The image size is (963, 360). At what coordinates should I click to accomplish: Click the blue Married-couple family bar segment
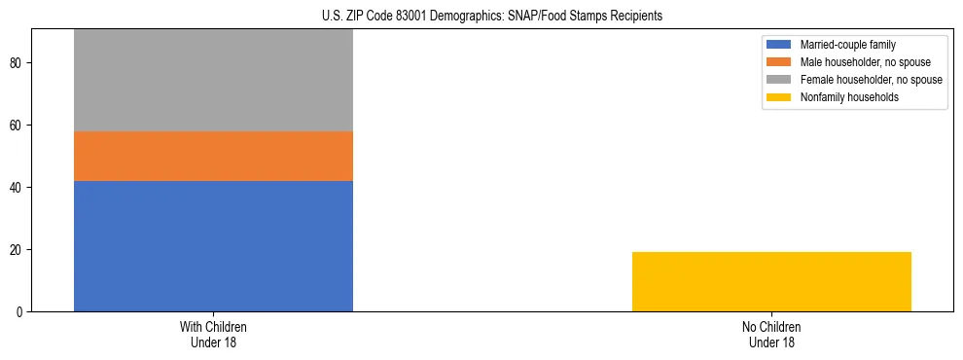[x=213, y=246]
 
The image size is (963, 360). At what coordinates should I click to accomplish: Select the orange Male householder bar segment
[x=213, y=156]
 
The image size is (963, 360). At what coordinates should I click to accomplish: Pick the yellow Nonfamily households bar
[x=771, y=281]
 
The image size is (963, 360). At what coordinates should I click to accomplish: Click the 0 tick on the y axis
[x=19, y=312]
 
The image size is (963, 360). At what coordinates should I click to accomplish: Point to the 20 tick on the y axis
[x=17, y=250]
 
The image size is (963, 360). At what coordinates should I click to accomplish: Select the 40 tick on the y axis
[x=17, y=188]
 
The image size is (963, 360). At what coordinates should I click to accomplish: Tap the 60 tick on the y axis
[x=17, y=126]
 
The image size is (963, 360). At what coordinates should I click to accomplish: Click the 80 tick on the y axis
[x=17, y=63]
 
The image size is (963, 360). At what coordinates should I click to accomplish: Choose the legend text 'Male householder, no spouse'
[x=859, y=62]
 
